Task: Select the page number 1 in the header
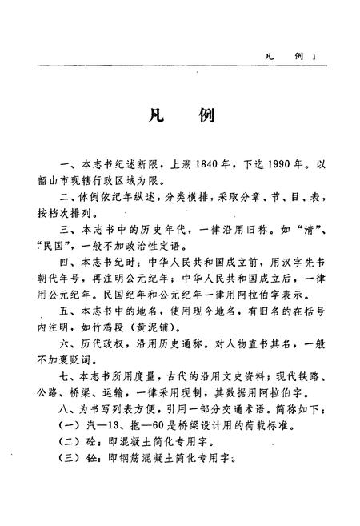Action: tap(317, 56)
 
